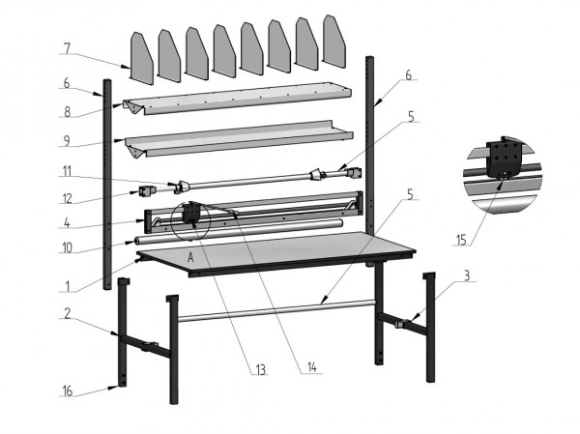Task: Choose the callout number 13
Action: coord(260,368)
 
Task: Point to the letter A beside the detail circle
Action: coord(190,259)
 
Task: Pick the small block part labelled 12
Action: coord(149,188)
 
